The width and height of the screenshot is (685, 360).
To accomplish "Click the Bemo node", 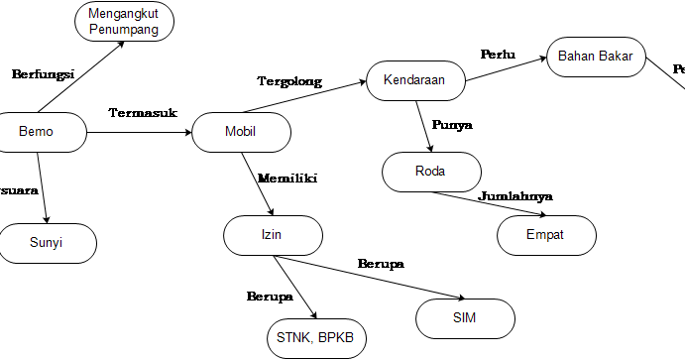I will coord(37,132).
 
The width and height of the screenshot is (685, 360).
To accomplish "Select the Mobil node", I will coord(241,132).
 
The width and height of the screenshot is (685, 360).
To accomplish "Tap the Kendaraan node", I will coord(415,81).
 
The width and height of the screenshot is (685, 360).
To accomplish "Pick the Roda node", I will coord(431,172).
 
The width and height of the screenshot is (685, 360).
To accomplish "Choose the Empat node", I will coord(545,235).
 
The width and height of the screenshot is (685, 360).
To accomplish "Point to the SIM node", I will coord(464,318).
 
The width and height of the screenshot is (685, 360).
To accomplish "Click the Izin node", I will coord(273,235).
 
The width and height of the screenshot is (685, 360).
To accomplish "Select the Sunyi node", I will coord(47,243).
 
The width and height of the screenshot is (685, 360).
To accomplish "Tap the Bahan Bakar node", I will coord(596,57).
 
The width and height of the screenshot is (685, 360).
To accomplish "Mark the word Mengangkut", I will coord(124,14).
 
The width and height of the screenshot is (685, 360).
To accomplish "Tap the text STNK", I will coord(294,339).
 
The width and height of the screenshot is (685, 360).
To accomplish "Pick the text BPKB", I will coord(338,339).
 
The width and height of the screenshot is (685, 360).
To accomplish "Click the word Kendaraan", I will coord(415,81).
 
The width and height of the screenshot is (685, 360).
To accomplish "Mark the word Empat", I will coord(545,235).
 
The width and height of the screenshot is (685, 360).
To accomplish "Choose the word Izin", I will coord(273,235).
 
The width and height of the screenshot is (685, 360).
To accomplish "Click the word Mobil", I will coord(241,132).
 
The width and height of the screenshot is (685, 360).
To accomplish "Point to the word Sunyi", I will coord(47,243).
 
